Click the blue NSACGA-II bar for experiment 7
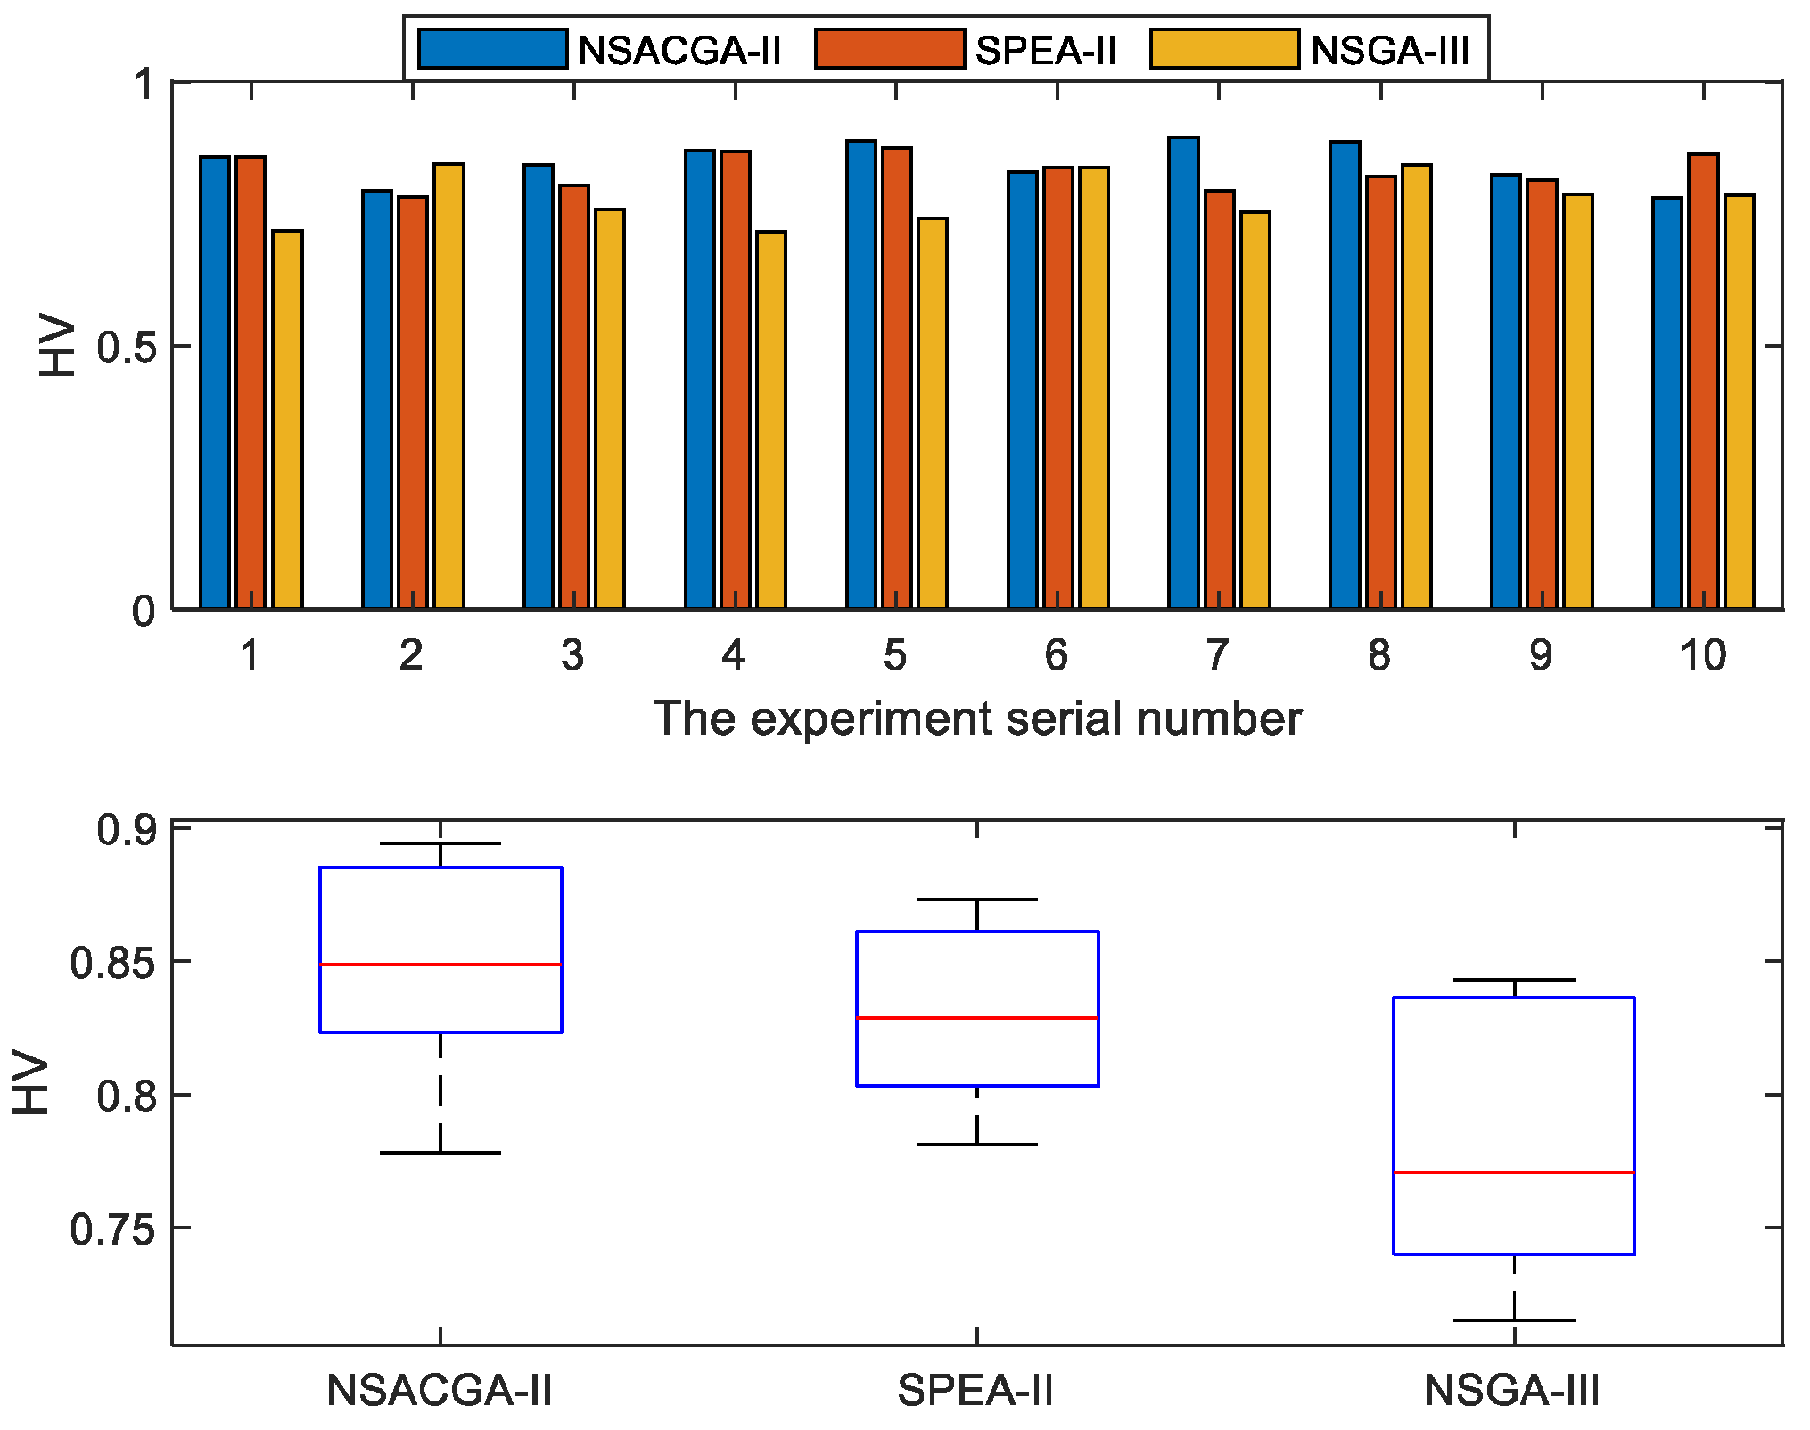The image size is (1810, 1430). [x=1184, y=374]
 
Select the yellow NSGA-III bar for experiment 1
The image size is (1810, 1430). [x=287, y=419]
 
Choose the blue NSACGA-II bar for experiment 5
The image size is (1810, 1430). [x=861, y=374]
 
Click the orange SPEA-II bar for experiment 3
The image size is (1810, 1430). [x=574, y=397]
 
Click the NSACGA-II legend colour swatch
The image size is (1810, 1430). [x=492, y=49]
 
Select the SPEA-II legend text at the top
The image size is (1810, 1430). [x=1046, y=50]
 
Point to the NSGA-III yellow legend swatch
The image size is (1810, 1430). [x=1224, y=49]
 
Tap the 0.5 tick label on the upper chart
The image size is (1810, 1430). [x=125, y=347]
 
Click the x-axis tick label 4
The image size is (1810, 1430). [x=733, y=656]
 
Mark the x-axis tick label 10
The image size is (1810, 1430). [x=1703, y=656]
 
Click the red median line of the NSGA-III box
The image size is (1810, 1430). [x=1514, y=1172]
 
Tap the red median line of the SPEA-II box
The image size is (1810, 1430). [x=977, y=1017]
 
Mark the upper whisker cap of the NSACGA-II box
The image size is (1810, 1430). [x=440, y=843]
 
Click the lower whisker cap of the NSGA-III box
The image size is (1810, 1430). [x=1514, y=1319]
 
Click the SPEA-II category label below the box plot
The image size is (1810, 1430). [x=975, y=1391]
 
